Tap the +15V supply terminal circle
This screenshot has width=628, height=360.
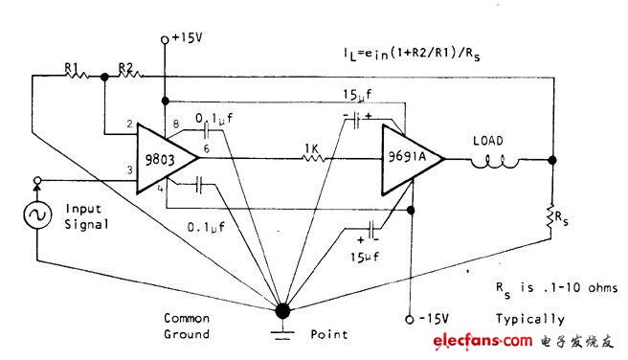(x=165, y=39)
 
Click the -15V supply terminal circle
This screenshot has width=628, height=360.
(x=410, y=319)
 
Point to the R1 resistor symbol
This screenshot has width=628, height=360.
(x=78, y=75)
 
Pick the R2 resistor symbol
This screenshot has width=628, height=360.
(x=131, y=74)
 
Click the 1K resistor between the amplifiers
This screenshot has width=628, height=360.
(x=314, y=158)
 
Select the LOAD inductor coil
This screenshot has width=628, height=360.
(x=495, y=162)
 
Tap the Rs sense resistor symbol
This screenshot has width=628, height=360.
(x=551, y=217)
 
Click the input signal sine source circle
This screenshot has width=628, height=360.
(x=37, y=214)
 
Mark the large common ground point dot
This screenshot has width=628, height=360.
(x=282, y=311)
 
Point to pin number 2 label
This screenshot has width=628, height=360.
(x=129, y=124)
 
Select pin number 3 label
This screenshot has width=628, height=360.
(x=130, y=170)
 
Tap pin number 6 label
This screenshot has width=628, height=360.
(x=206, y=149)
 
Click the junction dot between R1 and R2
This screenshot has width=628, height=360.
(x=104, y=77)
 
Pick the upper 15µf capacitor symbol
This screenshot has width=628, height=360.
(x=356, y=121)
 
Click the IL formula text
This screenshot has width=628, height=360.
(x=412, y=54)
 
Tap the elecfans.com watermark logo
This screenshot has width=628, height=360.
(x=482, y=341)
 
